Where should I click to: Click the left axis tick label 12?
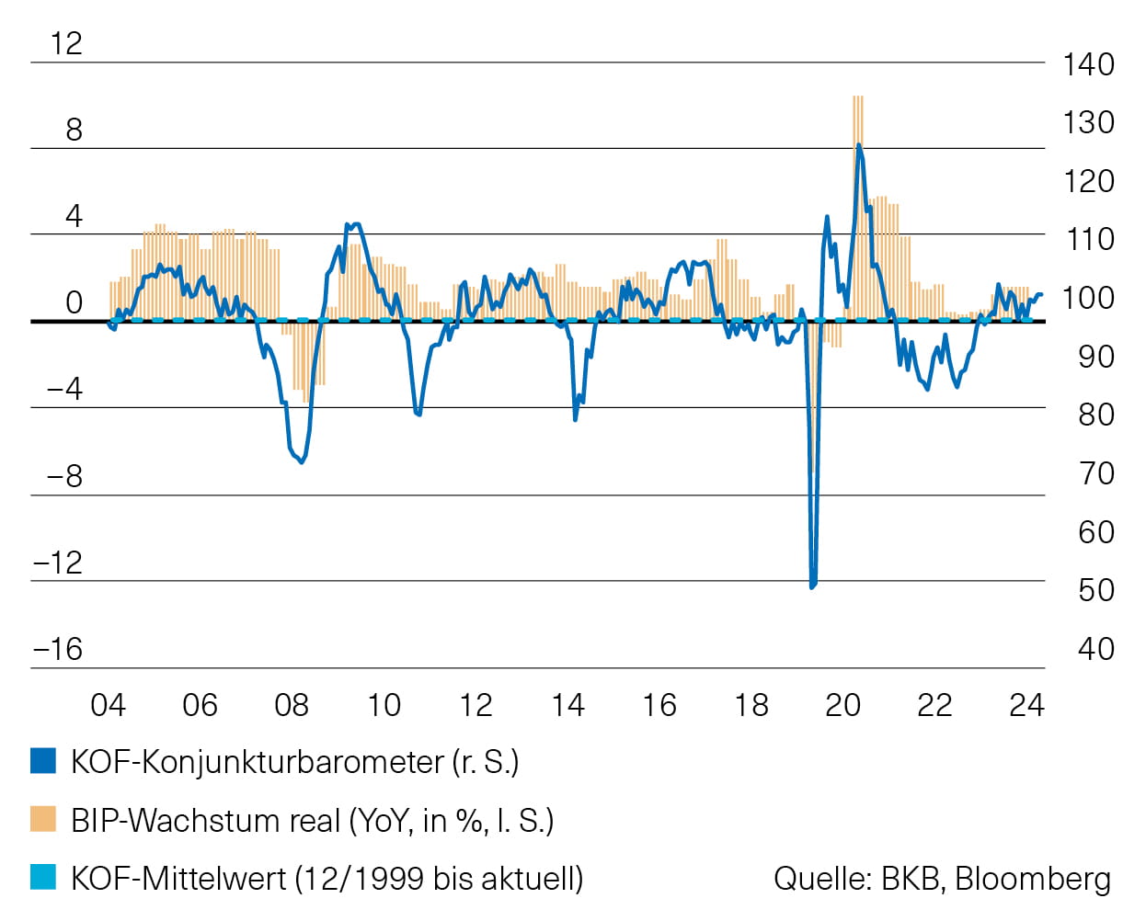(x=66, y=43)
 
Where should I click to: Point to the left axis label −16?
(x=58, y=649)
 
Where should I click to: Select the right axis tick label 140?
(x=1088, y=64)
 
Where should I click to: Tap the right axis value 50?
(x=1095, y=590)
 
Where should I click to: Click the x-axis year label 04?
(x=108, y=705)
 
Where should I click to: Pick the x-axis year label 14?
(x=567, y=705)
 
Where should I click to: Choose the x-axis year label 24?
(x=1026, y=705)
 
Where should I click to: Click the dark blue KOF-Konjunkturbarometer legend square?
(x=43, y=761)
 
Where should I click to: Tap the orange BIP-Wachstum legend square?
(x=43, y=819)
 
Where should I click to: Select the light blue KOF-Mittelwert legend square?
(x=43, y=877)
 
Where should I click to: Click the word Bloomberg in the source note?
(x=1033, y=878)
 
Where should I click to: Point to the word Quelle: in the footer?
(x=822, y=878)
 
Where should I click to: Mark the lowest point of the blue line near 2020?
(x=812, y=586)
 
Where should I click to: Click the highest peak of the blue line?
(x=858, y=145)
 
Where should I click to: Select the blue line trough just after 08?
(x=302, y=461)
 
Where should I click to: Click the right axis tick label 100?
(x=1088, y=298)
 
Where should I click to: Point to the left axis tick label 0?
(x=74, y=302)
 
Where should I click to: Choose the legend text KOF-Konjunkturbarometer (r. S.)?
(x=294, y=762)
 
